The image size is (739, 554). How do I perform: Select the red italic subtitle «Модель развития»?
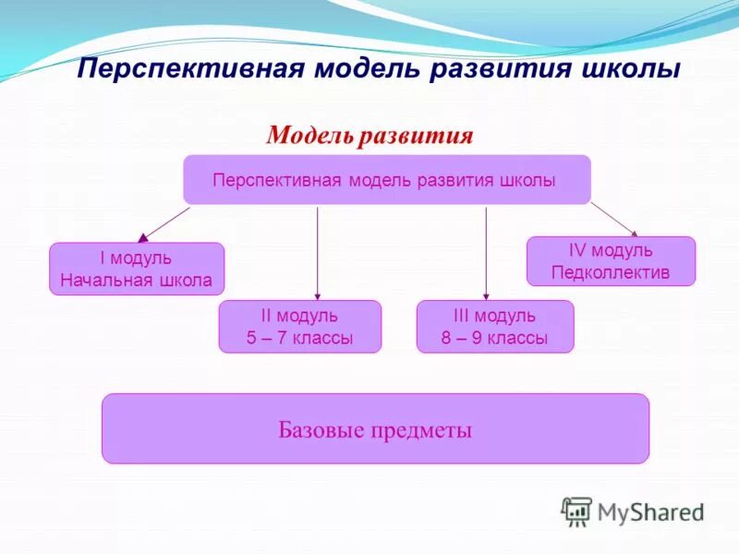(x=369, y=137)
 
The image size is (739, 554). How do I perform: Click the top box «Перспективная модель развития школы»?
(x=386, y=180)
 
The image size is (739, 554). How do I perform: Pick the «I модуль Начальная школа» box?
(x=137, y=269)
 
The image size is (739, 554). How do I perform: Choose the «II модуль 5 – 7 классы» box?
(x=300, y=327)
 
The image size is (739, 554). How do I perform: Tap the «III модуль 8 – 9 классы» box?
(x=495, y=327)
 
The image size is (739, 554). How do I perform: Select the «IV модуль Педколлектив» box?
(x=611, y=261)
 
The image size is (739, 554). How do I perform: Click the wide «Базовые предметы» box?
(x=375, y=428)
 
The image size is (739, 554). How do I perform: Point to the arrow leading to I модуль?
(x=164, y=224)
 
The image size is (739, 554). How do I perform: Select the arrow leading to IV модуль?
(x=614, y=220)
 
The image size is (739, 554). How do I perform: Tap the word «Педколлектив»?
(x=611, y=272)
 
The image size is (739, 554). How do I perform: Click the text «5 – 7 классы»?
(x=300, y=338)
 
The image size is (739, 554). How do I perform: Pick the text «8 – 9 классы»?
(x=495, y=338)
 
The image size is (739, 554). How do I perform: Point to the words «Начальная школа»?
(x=137, y=280)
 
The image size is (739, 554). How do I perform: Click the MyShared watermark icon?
(x=576, y=511)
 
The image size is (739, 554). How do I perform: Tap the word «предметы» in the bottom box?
(x=421, y=429)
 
